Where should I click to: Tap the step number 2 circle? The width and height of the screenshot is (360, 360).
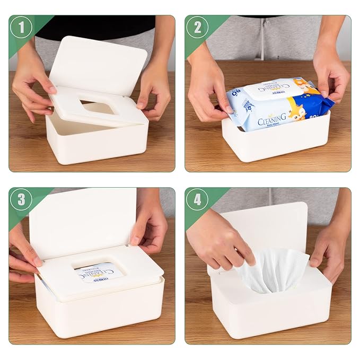pyautogui.click(x=197, y=27)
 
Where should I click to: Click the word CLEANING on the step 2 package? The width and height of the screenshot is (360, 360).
pyautogui.click(x=272, y=120)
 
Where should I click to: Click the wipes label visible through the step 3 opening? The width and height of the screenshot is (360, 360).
pyautogui.click(x=101, y=273)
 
